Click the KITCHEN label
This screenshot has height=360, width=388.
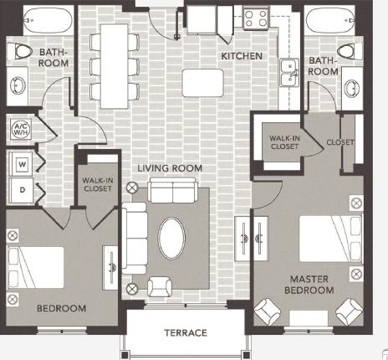[242, 56]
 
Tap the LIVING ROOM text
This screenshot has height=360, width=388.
[171, 168]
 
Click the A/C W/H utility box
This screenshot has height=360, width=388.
[20, 130]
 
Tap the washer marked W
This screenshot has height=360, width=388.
[21, 162]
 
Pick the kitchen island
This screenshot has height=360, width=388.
[203, 82]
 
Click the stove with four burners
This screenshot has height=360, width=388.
[254, 18]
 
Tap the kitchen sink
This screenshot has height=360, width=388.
[288, 74]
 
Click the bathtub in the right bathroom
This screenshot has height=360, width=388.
[327, 20]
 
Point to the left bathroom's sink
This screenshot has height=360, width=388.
[19, 85]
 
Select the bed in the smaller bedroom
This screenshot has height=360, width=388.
[36, 265]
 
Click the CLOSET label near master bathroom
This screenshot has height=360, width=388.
[340, 141]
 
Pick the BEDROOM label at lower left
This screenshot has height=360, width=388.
[61, 308]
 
